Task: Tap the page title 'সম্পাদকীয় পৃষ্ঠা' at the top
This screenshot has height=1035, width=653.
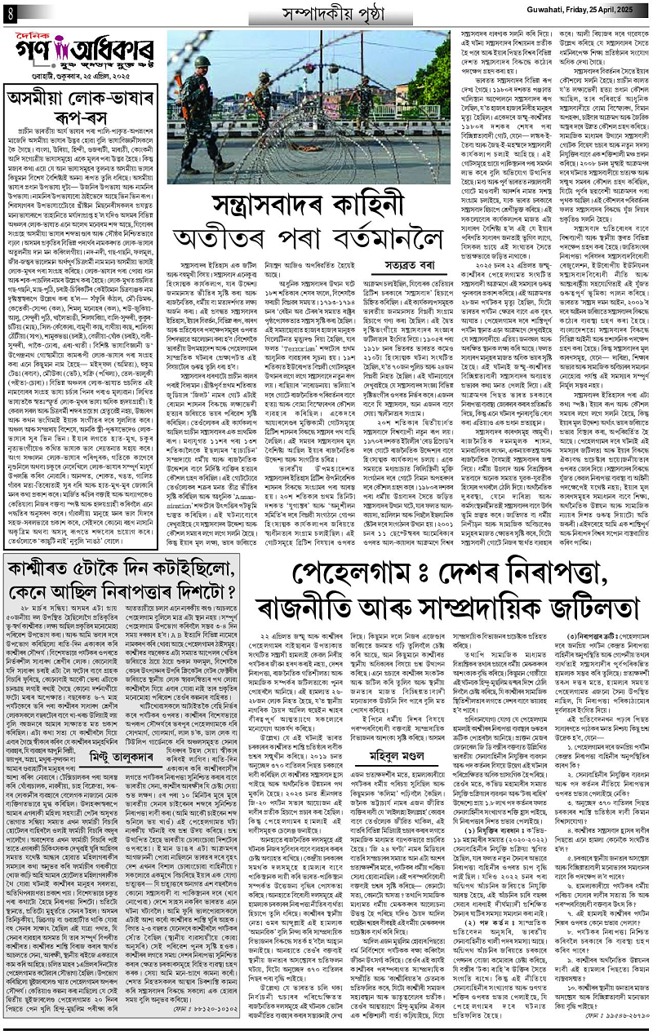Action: [x=325, y=14]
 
